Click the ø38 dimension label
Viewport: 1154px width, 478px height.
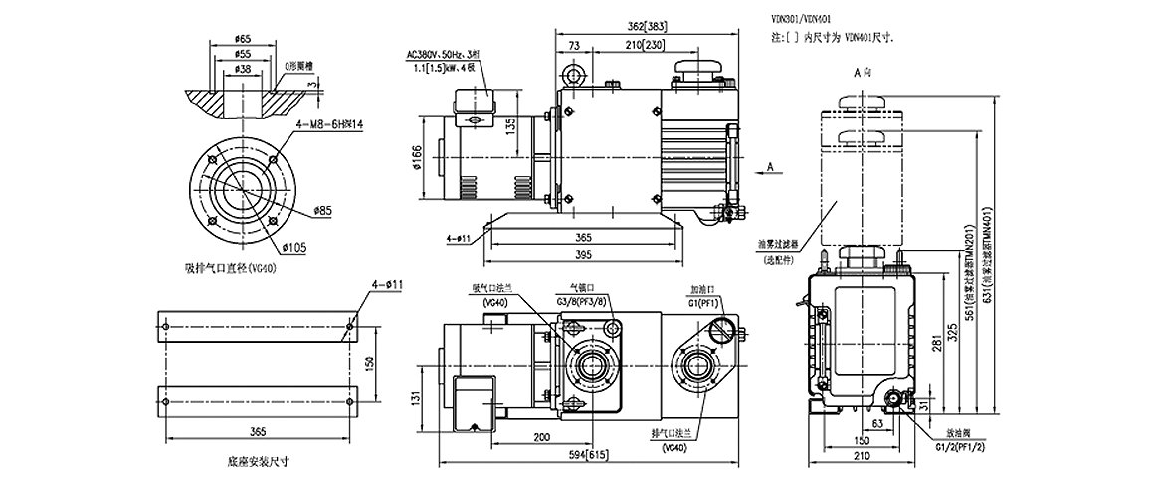click(243, 70)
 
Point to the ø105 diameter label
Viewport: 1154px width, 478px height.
click(294, 245)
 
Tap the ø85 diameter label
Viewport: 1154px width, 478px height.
click(320, 210)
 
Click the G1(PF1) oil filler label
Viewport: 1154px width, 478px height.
click(703, 300)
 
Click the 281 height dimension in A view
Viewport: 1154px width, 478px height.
click(936, 345)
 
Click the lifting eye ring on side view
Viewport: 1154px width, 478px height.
click(571, 76)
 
